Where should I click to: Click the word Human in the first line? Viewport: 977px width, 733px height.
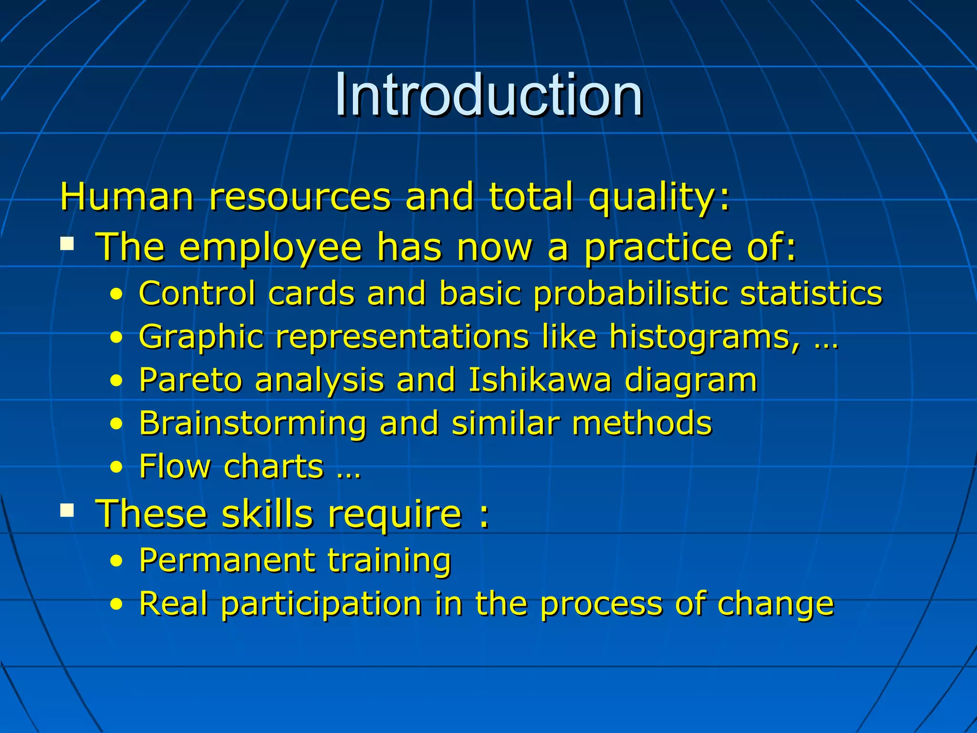pyautogui.click(x=126, y=197)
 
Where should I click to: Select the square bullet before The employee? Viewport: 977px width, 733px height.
pyautogui.click(x=67, y=244)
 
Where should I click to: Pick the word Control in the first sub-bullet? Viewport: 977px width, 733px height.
pyautogui.click(x=197, y=293)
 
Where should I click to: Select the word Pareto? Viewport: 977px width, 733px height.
pyautogui.click(x=190, y=380)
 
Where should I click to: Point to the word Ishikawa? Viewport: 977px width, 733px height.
pyautogui.click(x=540, y=380)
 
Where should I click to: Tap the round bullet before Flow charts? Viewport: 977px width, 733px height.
pyautogui.click(x=116, y=467)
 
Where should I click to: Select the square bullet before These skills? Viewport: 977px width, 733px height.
pyautogui.click(x=67, y=511)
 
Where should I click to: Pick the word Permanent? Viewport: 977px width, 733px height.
pyautogui.click(x=227, y=560)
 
